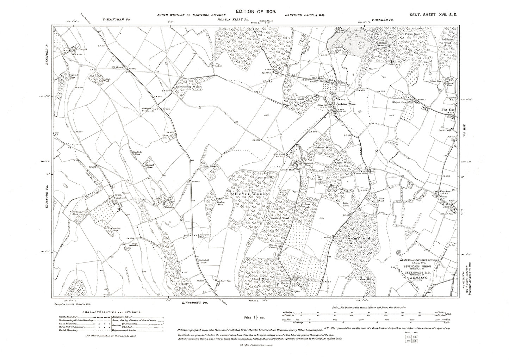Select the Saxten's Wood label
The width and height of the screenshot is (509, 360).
tap(324, 148)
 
